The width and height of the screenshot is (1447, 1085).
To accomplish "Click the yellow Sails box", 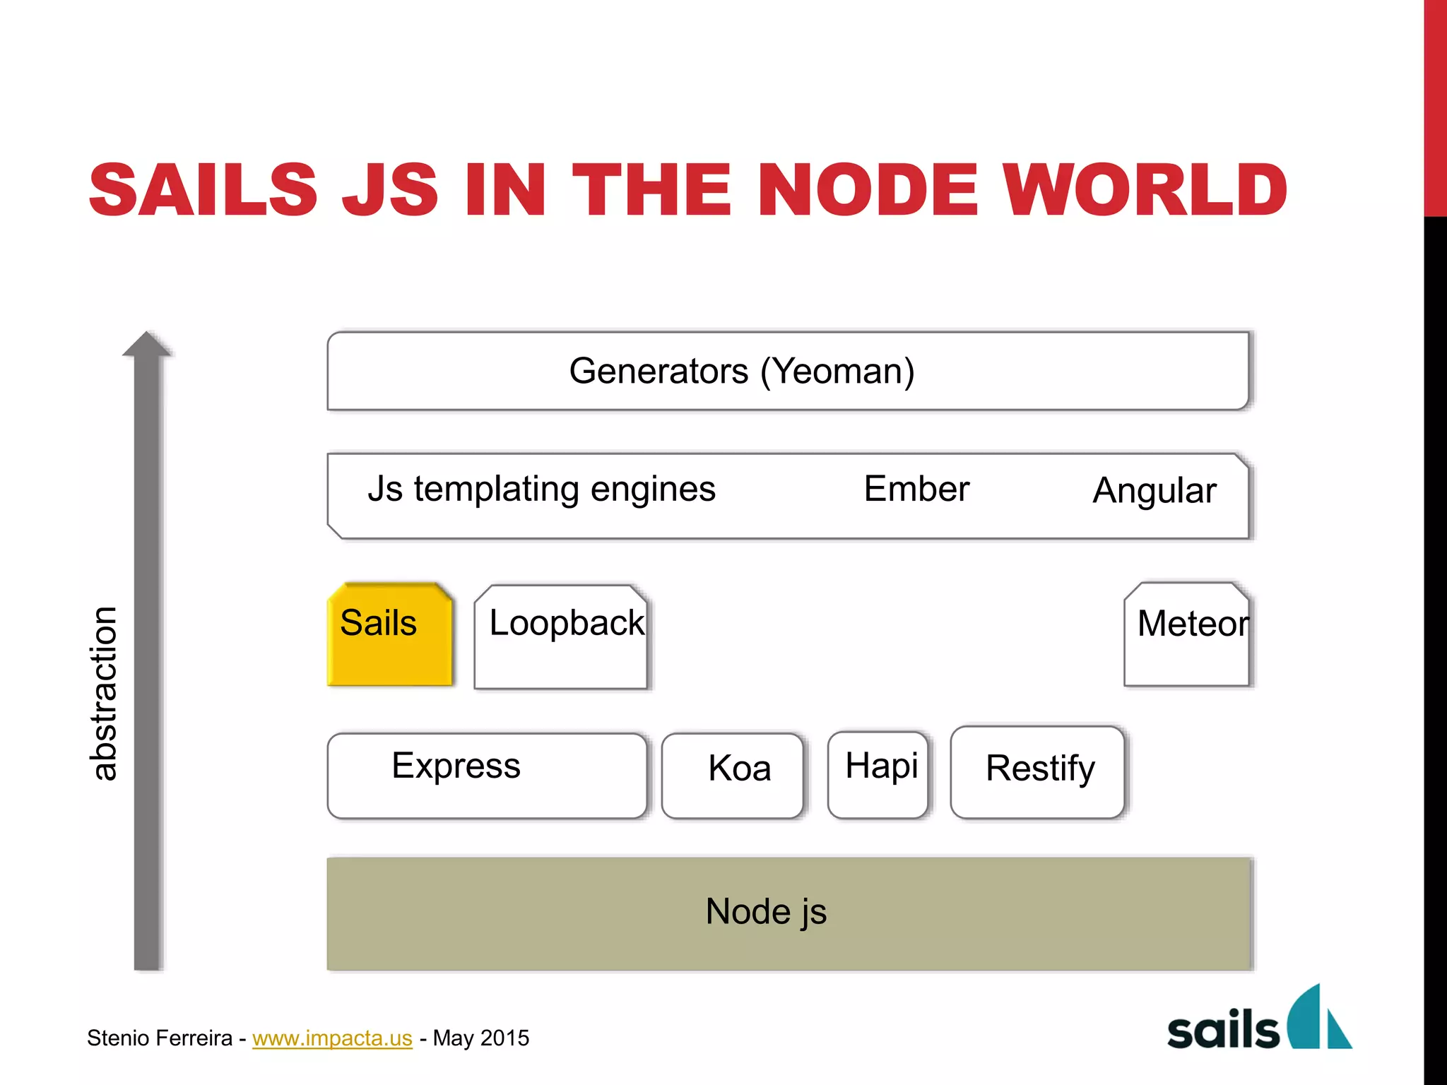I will pyautogui.click(x=390, y=634).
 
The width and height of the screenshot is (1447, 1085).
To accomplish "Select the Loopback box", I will pyautogui.click(x=561, y=636).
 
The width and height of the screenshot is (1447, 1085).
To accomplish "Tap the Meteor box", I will pyautogui.click(x=1187, y=634).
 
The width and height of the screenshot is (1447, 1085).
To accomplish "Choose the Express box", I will pyautogui.click(x=487, y=776).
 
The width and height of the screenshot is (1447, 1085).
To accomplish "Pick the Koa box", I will pyautogui.click(x=733, y=776).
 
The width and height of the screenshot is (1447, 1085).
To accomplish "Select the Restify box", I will pyautogui.click(x=1037, y=772).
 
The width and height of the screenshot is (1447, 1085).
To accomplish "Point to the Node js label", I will pyautogui.click(x=766, y=911).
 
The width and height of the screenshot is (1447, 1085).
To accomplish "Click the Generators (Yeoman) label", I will pyautogui.click(x=742, y=371).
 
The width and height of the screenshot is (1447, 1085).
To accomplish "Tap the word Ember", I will pyautogui.click(x=916, y=489).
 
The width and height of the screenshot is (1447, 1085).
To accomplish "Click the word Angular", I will pyautogui.click(x=1154, y=491).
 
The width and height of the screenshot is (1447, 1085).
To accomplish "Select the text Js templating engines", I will pyautogui.click(x=541, y=490).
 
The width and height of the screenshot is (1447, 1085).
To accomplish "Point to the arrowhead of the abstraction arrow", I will pyautogui.click(x=147, y=345).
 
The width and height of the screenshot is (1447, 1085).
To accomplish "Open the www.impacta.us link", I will pyautogui.click(x=332, y=1038).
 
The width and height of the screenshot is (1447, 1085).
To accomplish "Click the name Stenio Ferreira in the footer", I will pyautogui.click(x=160, y=1038).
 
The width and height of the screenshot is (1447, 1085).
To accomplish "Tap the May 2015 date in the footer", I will pyautogui.click(x=480, y=1038).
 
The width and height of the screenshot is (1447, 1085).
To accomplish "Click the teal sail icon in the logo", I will pyautogui.click(x=1318, y=1017).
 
